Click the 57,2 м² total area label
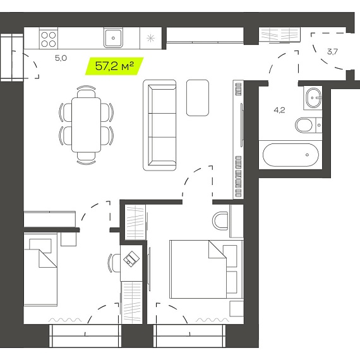click(114, 66)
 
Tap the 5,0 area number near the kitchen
click(61, 58)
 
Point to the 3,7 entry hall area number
click(332, 52)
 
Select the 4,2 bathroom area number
click(279, 110)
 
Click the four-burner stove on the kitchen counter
click(49, 39)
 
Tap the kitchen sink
click(113, 38)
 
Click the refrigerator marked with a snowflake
click(150, 38)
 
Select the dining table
click(86, 124)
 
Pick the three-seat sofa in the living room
click(160, 125)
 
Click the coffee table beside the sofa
click(198, 98)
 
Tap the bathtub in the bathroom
click(291, 155)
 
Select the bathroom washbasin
click(313, 98)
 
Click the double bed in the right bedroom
click(206, 269)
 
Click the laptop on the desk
click(131, 259)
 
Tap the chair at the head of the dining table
click(86, 92)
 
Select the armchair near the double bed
click(220, 221)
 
